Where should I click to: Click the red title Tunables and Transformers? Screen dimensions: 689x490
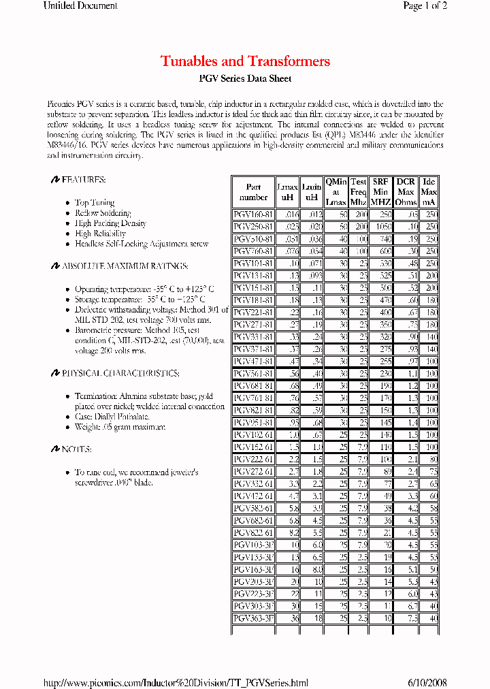(245, 61)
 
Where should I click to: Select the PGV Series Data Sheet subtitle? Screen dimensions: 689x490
(245, 79)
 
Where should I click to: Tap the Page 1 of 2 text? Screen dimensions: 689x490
(425, 6)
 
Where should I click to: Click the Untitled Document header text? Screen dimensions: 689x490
(80, 6)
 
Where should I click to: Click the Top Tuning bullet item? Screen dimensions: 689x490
(95, 203)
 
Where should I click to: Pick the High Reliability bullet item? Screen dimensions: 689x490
(101, 234)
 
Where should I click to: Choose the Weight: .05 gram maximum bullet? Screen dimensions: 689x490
(120, 427)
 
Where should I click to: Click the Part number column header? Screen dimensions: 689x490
(253, 192)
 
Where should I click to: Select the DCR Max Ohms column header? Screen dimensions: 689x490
(406, 192)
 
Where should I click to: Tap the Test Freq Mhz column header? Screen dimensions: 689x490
(358, 192)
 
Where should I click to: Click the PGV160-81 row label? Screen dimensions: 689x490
(253, 214)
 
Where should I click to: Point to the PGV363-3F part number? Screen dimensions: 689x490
(253, 618)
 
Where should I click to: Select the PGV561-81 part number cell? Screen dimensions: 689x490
(253, 374)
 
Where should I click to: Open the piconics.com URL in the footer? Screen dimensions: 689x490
(176, 683)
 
